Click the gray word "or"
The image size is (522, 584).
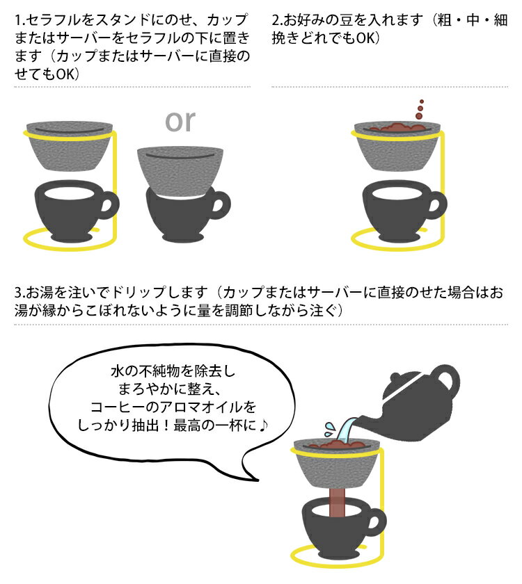pos(180,121)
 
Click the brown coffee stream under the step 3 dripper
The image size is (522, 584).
pos(337,503)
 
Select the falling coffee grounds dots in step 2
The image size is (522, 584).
pos(420,110)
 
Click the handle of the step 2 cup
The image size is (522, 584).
pos(436,205)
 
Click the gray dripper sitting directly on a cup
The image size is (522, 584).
pos(180,170)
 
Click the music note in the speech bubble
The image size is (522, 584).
pos(264,425)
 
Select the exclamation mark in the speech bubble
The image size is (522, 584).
pos(166,425)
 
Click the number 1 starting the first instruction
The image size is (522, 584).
pos(18,20)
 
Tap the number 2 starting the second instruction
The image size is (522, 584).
pos(276,20)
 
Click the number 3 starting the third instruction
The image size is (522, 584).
pos(19,293)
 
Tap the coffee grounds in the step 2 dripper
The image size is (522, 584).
pos(397,127)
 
